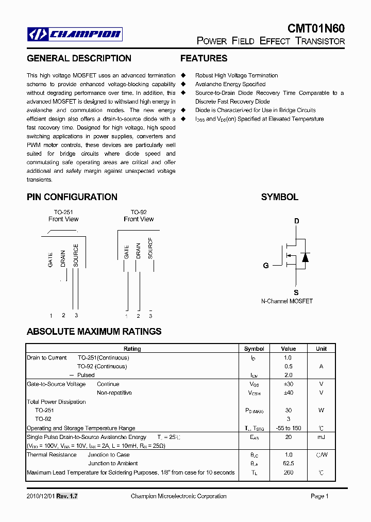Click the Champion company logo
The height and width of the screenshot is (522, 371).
coord(75,34)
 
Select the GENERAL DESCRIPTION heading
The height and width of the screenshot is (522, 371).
coord(79,58)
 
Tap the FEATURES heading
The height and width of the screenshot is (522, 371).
coord(204,58)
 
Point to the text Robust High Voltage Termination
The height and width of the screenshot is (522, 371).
coord(237,75)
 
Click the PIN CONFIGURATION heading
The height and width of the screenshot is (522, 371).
coord(72,197)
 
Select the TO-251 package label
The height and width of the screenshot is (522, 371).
coord(63,212)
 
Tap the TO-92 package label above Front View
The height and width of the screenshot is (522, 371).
coord(139,212)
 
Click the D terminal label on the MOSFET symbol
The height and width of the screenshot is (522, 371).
coord(296,221)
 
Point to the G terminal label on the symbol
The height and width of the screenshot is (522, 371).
coord(266,266)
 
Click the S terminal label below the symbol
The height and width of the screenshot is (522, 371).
coord(296,293)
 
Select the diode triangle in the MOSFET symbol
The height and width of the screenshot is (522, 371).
coord(305,257)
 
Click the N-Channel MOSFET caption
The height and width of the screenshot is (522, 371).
coord(287,301)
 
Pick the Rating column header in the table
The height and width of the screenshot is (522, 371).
coord(132,349)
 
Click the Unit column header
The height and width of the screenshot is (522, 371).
coord(321,349)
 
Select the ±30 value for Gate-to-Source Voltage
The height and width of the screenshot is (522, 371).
coord(288,384)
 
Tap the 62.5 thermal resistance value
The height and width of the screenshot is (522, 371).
coord(288,463)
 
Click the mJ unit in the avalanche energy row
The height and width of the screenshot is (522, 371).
coord(321,437)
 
